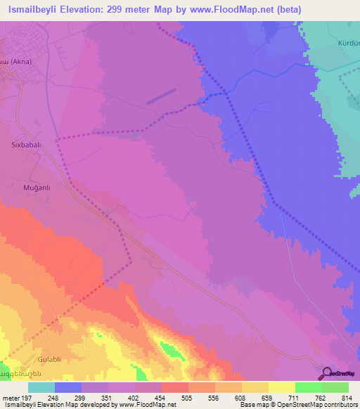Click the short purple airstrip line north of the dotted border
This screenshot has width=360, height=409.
pyautogui.click(x=161, y=96)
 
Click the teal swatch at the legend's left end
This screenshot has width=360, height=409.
pyautogui.click(x=41, y=387)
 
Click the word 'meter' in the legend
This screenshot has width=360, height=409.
pyautogui.click(x=10, y=398)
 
